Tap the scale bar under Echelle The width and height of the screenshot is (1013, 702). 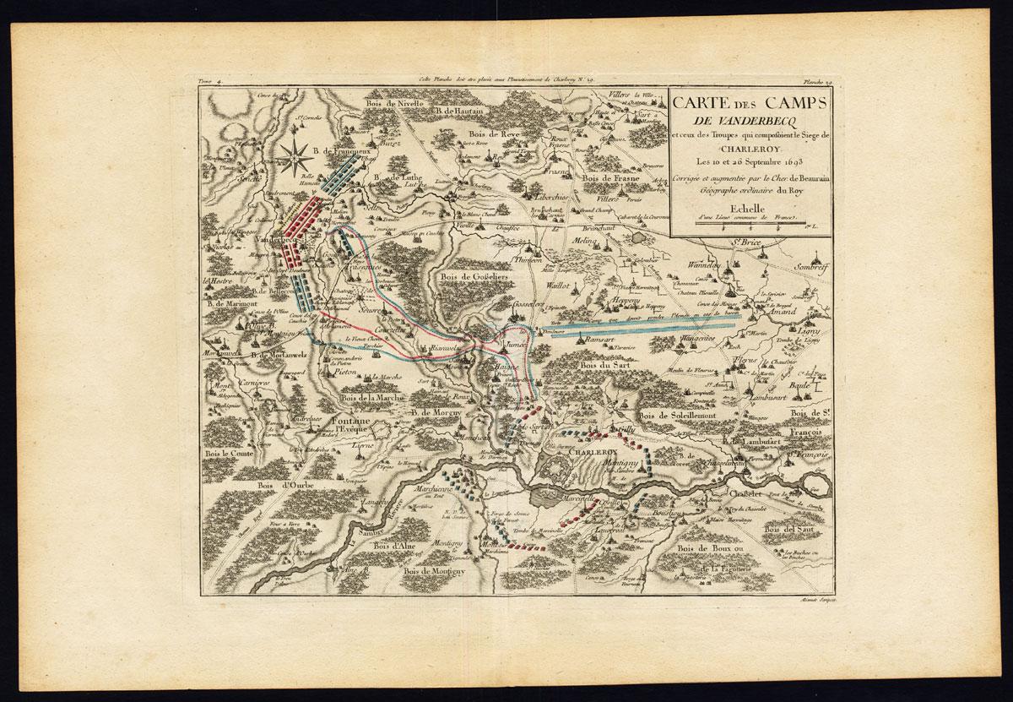pyautogui.click(x=750, y=222)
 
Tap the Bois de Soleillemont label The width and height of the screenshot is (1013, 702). pyautogui.click(x=677, y=416)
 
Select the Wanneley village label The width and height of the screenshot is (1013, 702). pyautogui.click(x=707, y=265)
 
